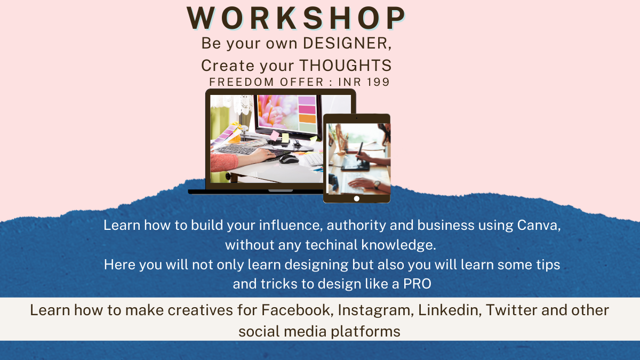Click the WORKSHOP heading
click(296, 18)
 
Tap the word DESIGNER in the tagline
click(347, 43)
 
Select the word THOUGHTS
click(345, 66)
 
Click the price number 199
click(378, 82)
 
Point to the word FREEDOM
click(242, 82)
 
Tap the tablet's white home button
click(357, 198)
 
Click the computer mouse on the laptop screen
click(289, 159)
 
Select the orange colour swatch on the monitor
click(307, 118)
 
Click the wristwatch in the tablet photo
click(377, 185)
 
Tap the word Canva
click(539, 226)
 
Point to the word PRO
click(417, 284)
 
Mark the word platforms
click(365, 332)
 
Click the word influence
click(291, 226)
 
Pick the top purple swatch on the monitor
click(307, 100)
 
